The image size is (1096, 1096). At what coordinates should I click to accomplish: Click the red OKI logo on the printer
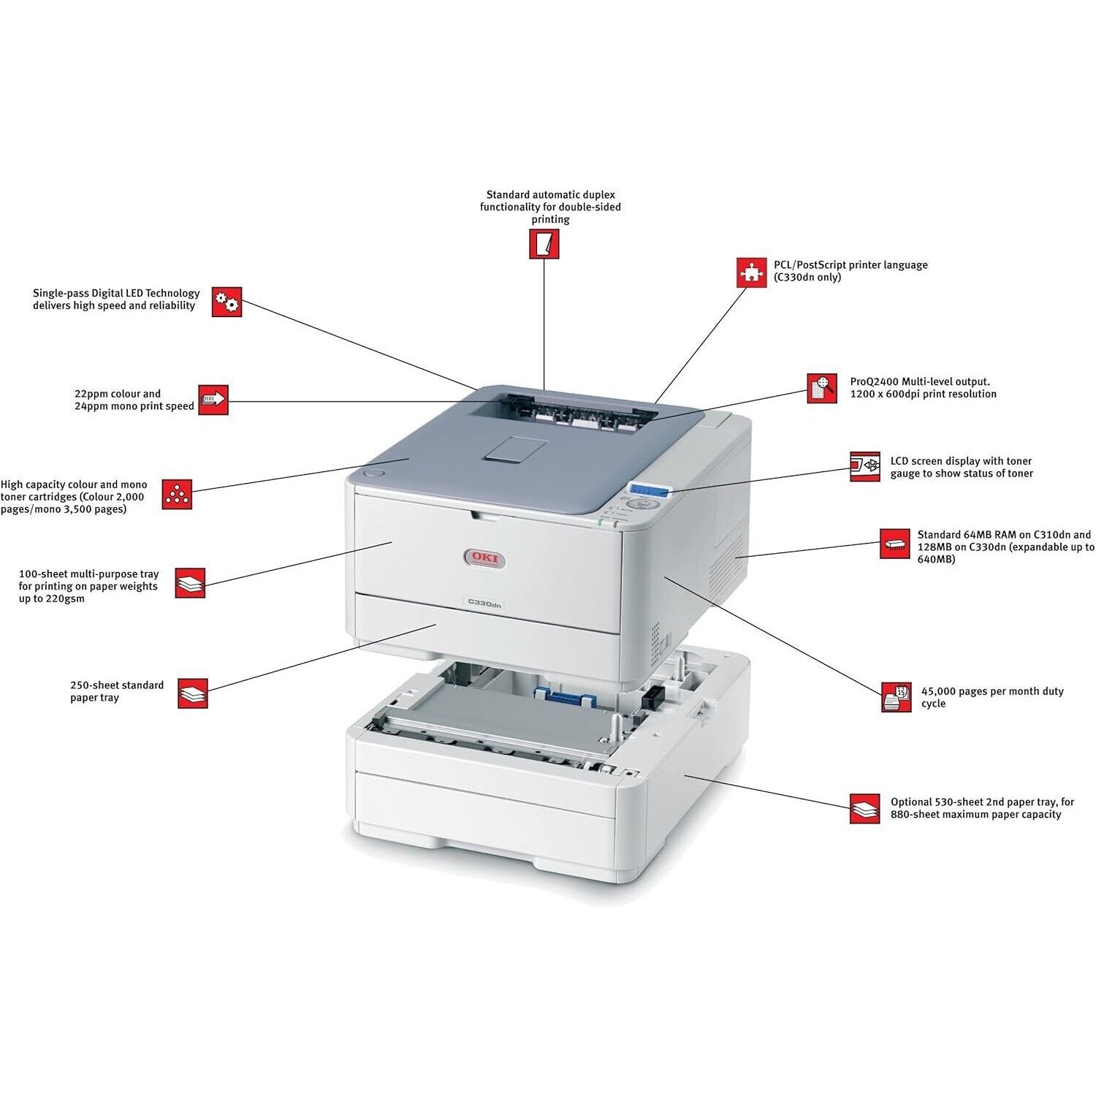tap(484, 559)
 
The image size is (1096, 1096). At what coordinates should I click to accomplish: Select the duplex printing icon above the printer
tap(544, 244)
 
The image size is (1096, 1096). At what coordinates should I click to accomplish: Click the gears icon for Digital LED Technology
tap(227, 302)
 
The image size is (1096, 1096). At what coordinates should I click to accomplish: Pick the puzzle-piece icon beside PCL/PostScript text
tap(750, 272)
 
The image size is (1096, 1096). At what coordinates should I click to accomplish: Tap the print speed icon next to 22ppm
tap(213, 400)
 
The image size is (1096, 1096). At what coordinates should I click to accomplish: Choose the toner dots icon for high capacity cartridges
tap(177, 495)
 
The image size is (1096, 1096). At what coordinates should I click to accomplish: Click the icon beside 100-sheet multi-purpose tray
tap(191, 583)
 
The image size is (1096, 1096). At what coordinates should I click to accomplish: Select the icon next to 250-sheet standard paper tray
tap(193, 693)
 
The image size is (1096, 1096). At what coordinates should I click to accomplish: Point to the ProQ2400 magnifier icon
tap(822, 388)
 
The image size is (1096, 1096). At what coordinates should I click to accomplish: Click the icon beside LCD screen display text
tap(865, 466)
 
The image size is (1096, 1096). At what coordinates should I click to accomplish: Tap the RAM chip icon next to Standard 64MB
tap(895, 544)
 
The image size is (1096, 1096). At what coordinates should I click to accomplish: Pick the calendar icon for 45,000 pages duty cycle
tap(897, 697)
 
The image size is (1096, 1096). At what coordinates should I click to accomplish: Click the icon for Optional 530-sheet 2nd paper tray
tap(865, 809)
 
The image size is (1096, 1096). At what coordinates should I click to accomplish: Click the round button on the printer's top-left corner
tap(373, 473)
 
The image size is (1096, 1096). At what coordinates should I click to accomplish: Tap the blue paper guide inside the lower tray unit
tap(562, 697)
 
